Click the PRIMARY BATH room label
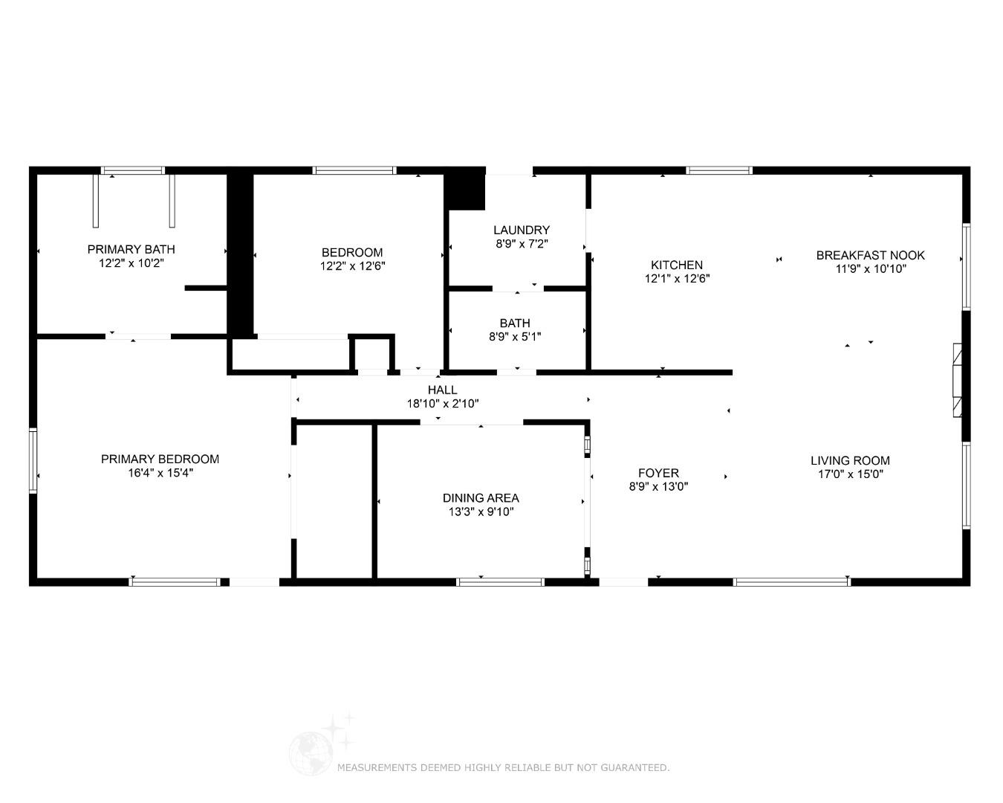(x=131, y=249)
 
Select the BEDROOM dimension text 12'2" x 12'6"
(x=352, y=266)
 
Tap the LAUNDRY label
(x=522, y=230)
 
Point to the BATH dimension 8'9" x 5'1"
(x=515, y=337)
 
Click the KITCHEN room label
(x=677, y=265)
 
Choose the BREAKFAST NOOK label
(x=870, y=255)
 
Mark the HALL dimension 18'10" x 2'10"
(x=442, y=404)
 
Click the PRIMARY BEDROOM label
(x=160, y=459)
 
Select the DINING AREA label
(x=481, y=498)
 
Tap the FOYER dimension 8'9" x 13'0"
(x=658, y=487)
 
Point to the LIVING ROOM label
(x=850, y=461)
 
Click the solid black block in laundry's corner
(x=465, y=191)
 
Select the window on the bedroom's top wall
(x=354, y=170)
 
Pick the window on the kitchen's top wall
(x=718, y=170)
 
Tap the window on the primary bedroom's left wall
(x=33, y=460)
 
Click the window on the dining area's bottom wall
(x=500, y=582)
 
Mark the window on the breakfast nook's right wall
(x=966, y=266)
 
